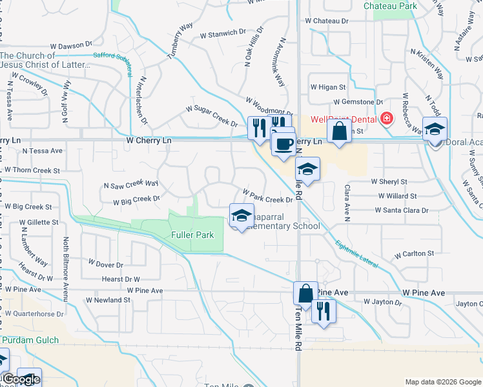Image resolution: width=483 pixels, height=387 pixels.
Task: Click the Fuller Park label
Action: coord(192,235)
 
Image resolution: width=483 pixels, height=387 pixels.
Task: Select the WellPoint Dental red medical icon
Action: coord(386,119)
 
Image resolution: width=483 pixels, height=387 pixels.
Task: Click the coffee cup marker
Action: coord(283,144)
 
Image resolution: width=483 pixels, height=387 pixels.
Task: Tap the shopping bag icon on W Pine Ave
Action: coord(305,293)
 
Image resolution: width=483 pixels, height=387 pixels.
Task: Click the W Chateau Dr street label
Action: coord(327,21)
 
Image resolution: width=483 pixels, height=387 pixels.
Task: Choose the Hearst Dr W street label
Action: coord(121,279)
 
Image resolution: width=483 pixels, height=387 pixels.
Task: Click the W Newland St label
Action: coord(108,300)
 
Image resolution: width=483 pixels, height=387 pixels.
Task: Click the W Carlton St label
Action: coord(414,253)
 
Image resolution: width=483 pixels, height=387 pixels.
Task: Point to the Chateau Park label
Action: coord(390,6)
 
